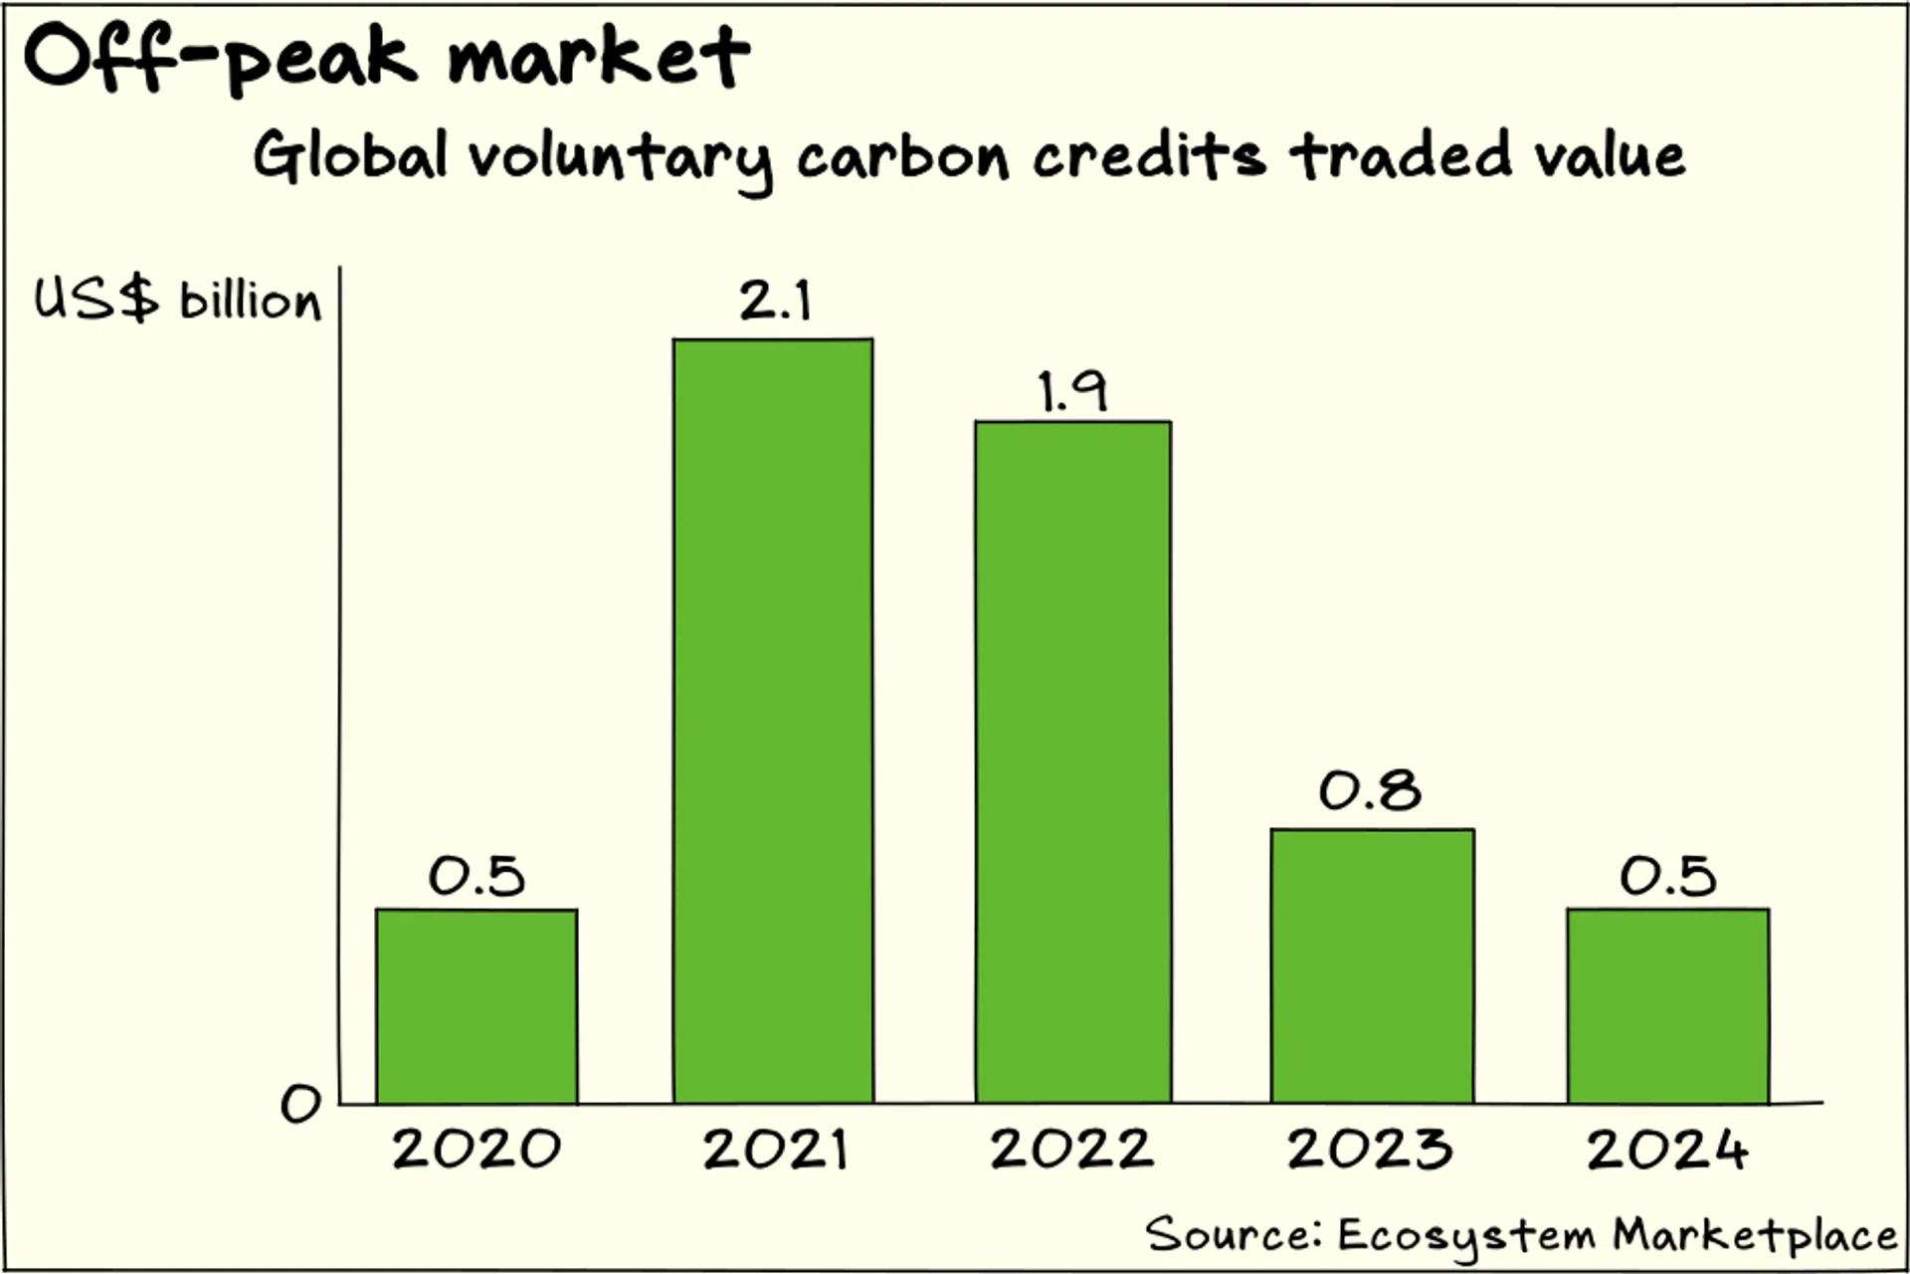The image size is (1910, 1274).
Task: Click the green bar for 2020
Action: tap(477, 1006)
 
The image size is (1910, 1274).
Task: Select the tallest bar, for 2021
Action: tap(773, 721)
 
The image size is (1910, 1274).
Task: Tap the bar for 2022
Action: tap(1072, 762)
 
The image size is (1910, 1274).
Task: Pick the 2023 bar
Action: tap(1372, 966)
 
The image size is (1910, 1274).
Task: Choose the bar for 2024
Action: tap(1668, 1006)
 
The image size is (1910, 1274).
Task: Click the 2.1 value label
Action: tap(775, 300)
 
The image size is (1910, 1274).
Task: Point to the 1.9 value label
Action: tap(1071, 390)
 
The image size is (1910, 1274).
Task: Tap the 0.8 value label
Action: tap(1370, 790)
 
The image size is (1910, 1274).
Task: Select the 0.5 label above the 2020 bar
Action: tap(477, 876)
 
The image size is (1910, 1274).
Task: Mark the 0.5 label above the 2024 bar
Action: tap(1668, 876)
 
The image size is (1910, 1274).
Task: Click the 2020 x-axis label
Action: tap(477, 1149)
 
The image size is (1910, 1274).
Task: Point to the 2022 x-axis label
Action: tap(1071, 1149)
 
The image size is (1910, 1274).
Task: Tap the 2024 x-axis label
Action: tap(1667, 1149)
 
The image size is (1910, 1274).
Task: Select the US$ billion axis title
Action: tap(178, 299)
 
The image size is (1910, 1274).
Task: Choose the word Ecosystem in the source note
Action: tap(1466, 1236)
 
